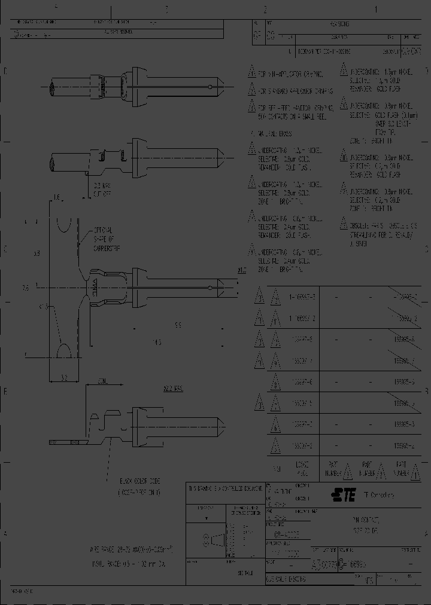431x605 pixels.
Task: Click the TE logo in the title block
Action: pos(340,494)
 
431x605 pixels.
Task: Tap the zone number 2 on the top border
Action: pos(265,10)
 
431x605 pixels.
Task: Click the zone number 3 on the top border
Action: pos(166,10)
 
